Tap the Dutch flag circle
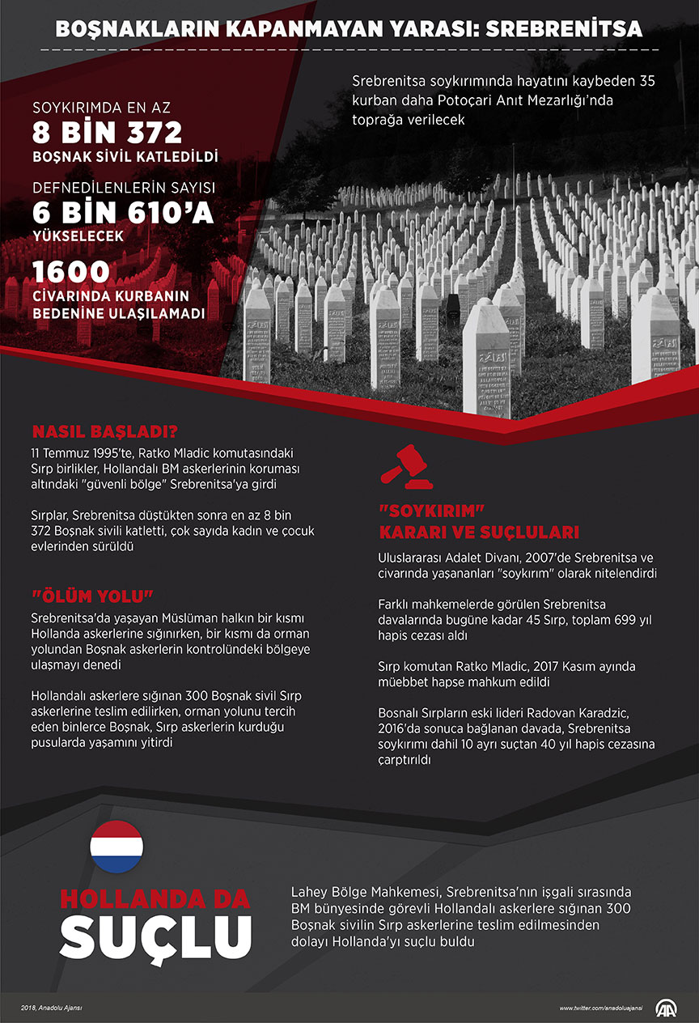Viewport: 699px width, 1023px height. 116,847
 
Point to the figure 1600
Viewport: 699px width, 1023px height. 71,271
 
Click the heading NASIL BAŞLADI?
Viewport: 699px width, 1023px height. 105,431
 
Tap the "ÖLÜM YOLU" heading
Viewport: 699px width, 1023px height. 92,596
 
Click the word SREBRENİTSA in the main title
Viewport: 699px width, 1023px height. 570,30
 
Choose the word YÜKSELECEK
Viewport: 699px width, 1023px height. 78,237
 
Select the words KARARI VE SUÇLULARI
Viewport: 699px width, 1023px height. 480,533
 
